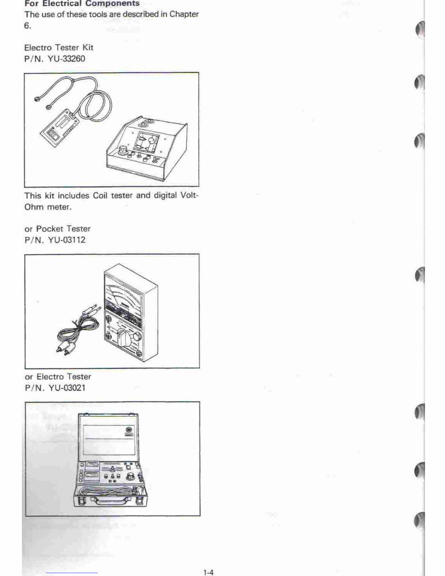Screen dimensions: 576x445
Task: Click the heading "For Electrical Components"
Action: pos(82,3)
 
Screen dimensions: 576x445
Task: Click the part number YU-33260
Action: pos(67,59)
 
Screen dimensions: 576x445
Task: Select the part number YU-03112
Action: pos(67,240)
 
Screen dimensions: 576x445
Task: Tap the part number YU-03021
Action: pos(67,387)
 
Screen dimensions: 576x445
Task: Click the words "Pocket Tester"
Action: pos(63,229)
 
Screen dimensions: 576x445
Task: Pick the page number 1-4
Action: pos(208,573)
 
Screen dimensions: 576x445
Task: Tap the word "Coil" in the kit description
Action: pos(99,196)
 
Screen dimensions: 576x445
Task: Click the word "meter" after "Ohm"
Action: pos(59,207)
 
